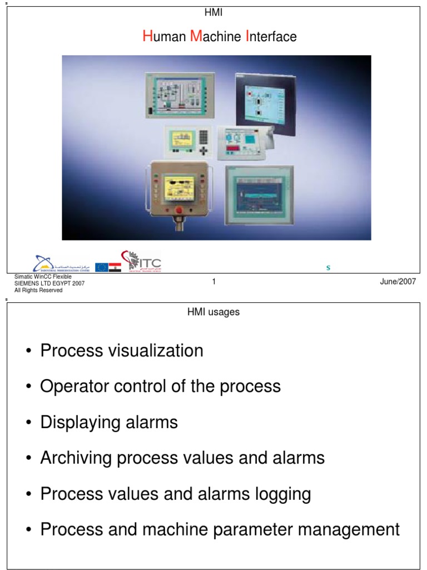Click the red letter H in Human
coord(147,37)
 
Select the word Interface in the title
coord(271,37)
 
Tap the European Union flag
coord(101,267)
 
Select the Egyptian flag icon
coord(115,267)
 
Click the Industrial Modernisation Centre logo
coord(61,264)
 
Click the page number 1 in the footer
coord(213,282)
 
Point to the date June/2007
coord(398,282)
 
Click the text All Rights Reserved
coord(38,290)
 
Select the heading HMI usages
coord(213,312)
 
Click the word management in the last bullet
coord(350,529)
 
